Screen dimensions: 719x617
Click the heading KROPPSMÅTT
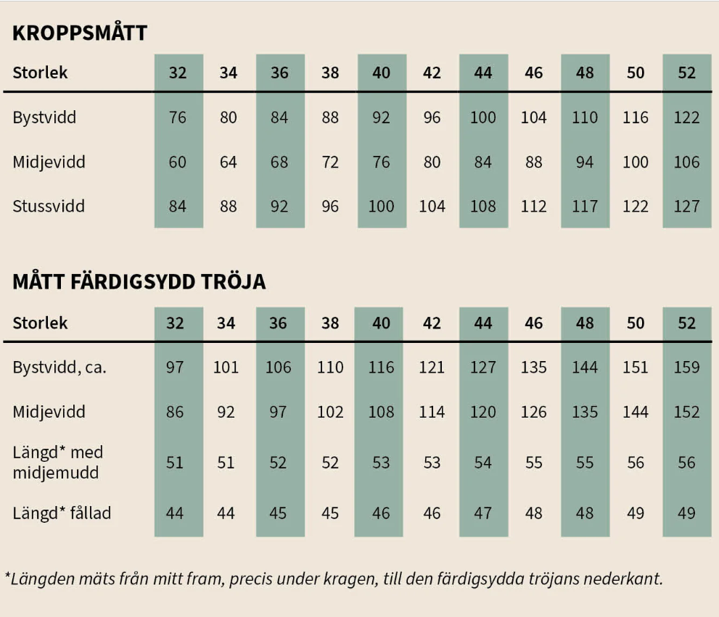coord(80,33)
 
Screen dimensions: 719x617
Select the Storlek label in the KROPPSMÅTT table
coord(40,73)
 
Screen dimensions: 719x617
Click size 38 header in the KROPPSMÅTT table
coord(330,73)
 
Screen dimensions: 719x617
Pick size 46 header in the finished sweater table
coord(534,323)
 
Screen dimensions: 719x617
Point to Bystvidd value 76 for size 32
coord(178,117)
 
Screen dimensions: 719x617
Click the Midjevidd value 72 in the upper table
coord(330,162)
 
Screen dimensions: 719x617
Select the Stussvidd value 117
coord(585,207)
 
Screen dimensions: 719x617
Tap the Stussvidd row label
coord(49,207)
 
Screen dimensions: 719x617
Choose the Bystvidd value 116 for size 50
coord(636,117)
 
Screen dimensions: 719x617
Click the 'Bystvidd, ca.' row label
coord(59,367)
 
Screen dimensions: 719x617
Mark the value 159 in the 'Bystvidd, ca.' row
coord(686,367)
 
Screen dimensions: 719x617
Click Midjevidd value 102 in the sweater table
coord(330,412)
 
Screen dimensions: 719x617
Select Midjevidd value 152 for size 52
coord(686,412)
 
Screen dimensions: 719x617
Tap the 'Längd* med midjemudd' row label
coord(58,462)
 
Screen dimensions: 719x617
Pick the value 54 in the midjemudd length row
coord(483,463)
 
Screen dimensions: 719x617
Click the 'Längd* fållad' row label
coord(62,513)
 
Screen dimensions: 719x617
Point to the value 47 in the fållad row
coord(483,513)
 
